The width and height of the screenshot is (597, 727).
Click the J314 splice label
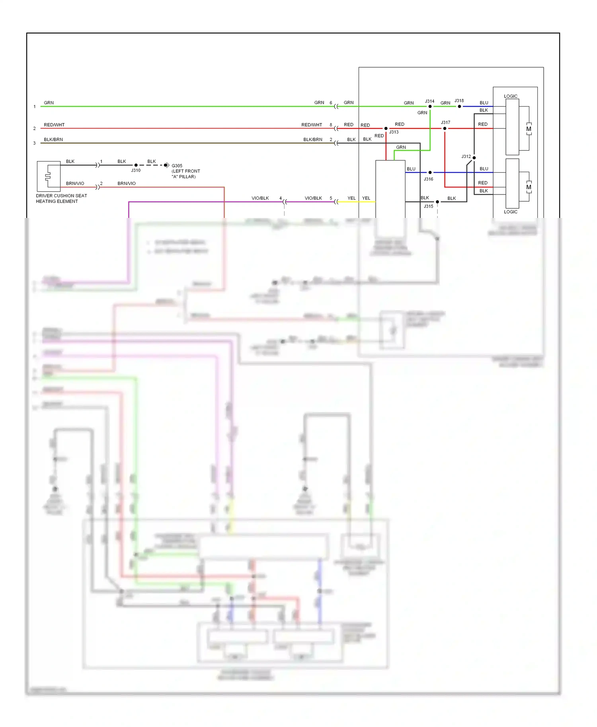(429, 101)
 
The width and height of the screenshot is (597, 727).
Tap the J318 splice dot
(459, 107)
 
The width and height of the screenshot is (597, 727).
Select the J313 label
(394, 132)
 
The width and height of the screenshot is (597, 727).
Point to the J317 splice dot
(445, 128)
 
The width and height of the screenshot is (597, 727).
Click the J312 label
(466, 157)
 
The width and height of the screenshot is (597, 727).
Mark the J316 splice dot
(430, 173)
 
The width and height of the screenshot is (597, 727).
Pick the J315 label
(428, 206)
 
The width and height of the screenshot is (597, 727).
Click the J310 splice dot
(136, 165)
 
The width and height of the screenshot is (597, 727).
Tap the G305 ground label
(177, 166)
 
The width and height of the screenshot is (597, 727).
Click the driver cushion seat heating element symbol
(49, 176)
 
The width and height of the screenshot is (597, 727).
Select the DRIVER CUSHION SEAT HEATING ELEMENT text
(61, 198)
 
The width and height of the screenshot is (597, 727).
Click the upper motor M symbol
(529, 129)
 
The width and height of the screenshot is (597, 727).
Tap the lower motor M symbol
(529, 187)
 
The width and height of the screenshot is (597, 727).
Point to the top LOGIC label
(511, 96)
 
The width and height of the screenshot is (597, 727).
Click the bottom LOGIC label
(511, 212)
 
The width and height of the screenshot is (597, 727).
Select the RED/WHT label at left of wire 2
(54, 125)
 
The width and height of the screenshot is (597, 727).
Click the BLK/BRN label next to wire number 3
(53, 140)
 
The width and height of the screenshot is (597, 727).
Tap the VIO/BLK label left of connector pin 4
(260, 198)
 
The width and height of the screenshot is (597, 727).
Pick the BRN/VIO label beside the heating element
(75, 183)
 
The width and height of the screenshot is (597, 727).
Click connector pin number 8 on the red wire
(331, 125)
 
